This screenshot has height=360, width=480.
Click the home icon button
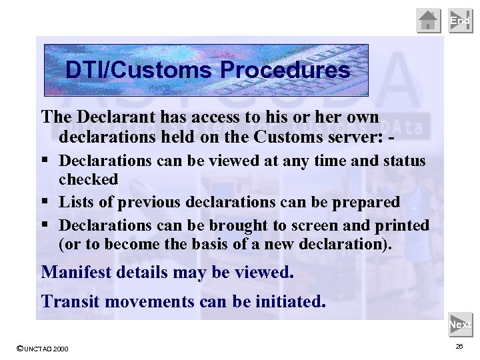429,21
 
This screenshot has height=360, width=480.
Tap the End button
460,21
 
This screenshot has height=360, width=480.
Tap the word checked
88,179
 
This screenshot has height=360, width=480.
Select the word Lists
77,202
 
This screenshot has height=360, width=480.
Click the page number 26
459,347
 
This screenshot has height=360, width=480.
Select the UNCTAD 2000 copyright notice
41,349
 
